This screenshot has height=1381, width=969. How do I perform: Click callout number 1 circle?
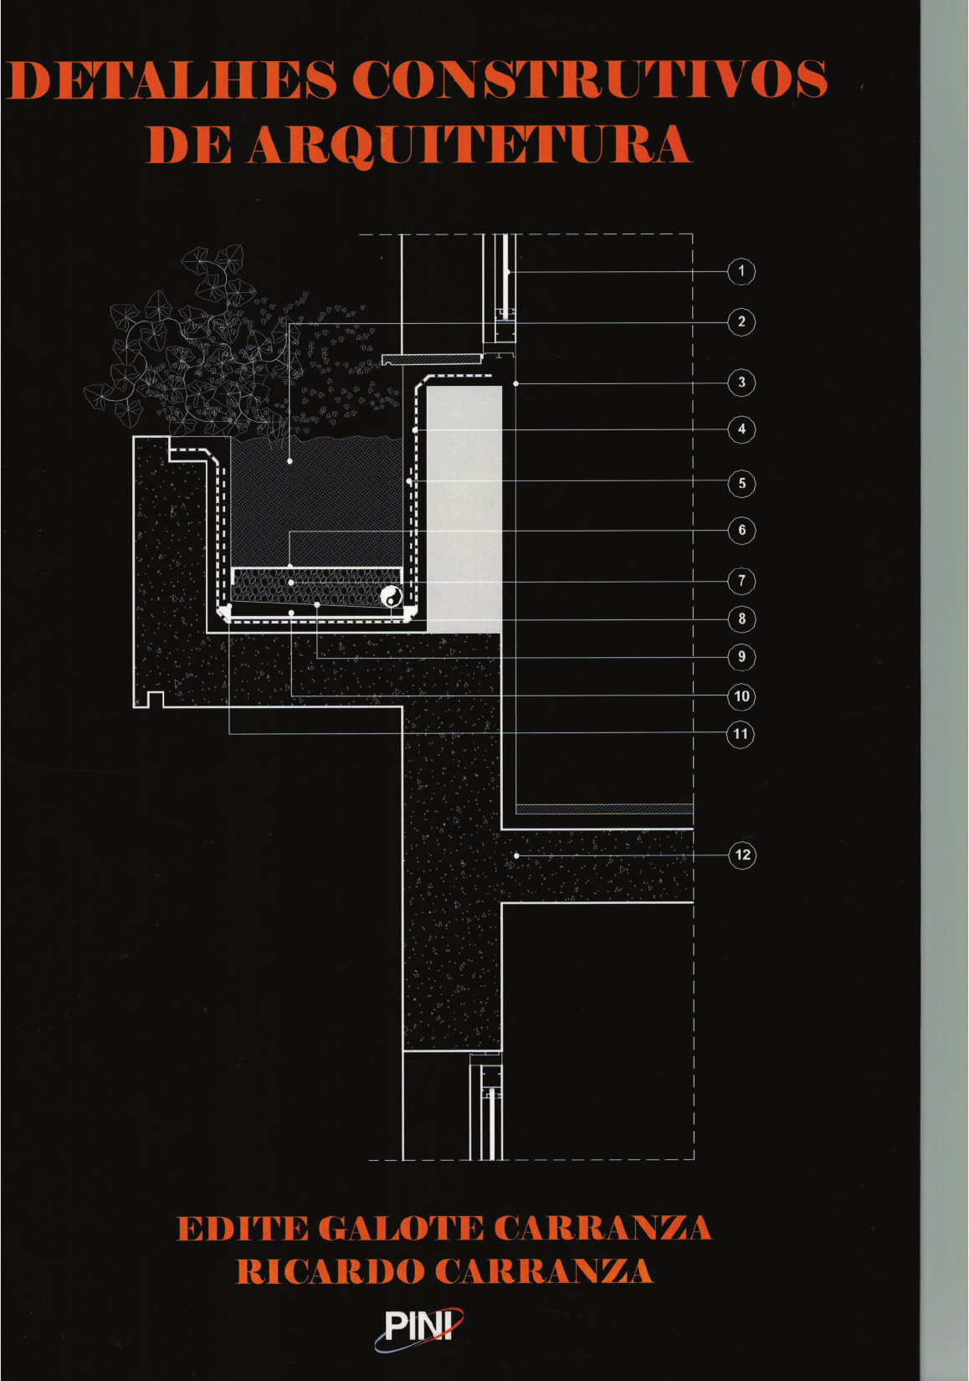tap(741, 271)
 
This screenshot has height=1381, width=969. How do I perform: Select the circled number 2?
tap(741, 321)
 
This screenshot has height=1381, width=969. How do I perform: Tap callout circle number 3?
tap(741, 383)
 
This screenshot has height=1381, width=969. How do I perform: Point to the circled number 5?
tap(741, 483)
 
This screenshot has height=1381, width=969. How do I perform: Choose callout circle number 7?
tap(741, 580)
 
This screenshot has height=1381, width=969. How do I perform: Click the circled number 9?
tap(741, 657)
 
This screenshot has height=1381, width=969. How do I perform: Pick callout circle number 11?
tap(741, 734)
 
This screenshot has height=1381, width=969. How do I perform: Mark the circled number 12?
tap(741, 855)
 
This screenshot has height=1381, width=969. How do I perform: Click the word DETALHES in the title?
tap(172, 80)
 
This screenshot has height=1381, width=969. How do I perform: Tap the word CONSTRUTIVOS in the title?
tap(589, 80)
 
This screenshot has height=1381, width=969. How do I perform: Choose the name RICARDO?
tap(330, 1271)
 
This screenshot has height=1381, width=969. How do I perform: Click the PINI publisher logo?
tap(418, 1327)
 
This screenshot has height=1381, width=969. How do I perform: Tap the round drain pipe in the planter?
tap(391, 597)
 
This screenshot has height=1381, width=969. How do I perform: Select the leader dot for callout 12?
tap(516, 855)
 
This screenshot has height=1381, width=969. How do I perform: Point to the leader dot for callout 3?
tap(516, 383)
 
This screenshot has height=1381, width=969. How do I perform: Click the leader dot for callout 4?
tap(415, 430)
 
